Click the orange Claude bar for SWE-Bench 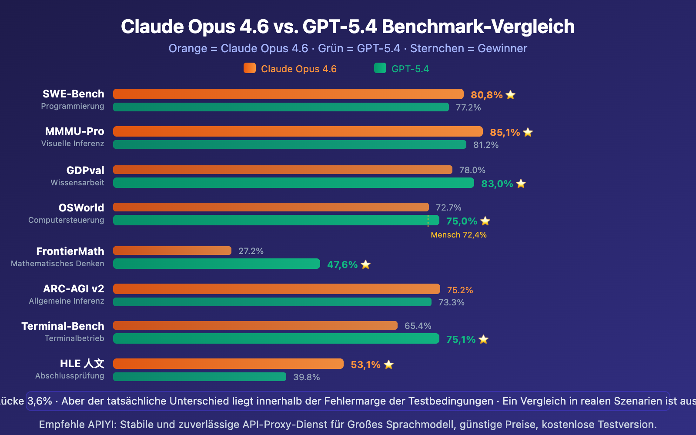[288, 94]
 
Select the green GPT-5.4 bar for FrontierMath [216, 264]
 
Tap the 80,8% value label [486, 95]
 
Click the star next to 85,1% [528, 132]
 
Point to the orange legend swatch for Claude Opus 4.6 [250, 68]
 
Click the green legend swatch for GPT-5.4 [380, 68]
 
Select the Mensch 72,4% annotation [458, 235]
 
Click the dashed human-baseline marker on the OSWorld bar [428, 221]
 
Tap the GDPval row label [85, 170]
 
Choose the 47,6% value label [342, 264]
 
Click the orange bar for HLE [228, 364]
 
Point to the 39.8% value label [306, 377]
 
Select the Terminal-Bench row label [63, 326]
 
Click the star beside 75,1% [483, 339]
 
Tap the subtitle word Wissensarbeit [77, 183]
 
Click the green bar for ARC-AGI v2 [272, 302]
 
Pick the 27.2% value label [251, 251]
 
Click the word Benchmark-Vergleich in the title [478, 27]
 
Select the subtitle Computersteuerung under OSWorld [66, 220]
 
